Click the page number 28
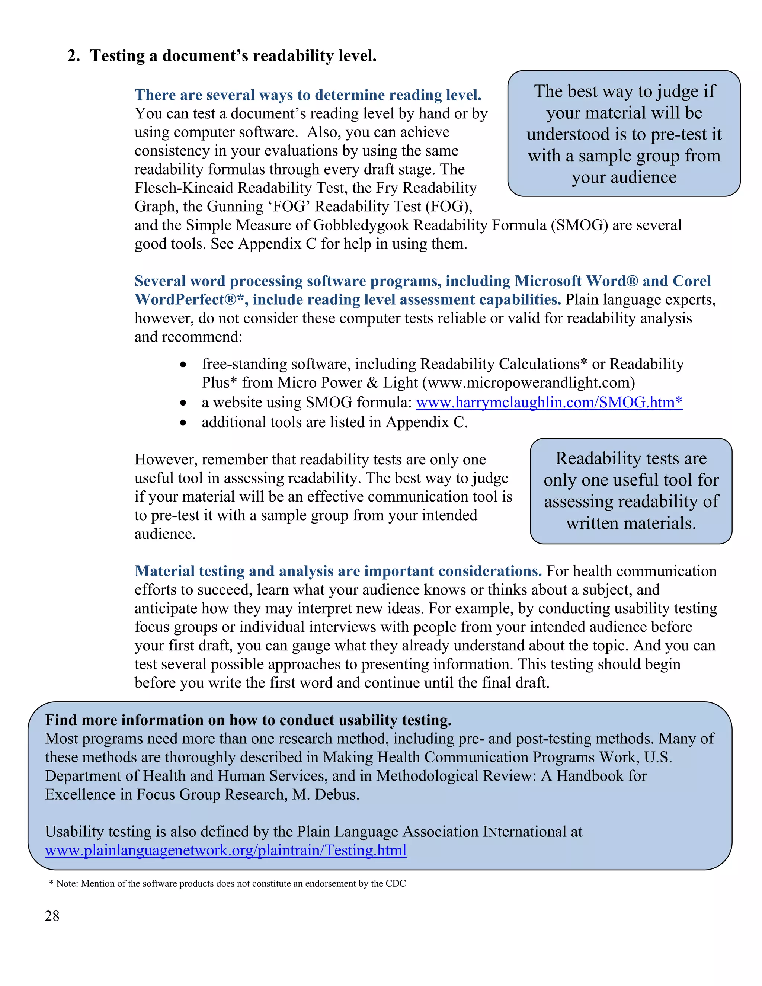pyautogui.click(x=52, y=916)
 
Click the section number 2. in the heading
pyautogui.click(x=74, y=56)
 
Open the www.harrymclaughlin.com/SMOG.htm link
pyautogui.click(x=548, y=402)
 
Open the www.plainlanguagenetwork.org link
pyautogui.click(x=226, y=851)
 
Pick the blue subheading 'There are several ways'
pyautogui.click(x=307, y=95)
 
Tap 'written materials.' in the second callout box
pyautogui.click(x=631, y=523)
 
